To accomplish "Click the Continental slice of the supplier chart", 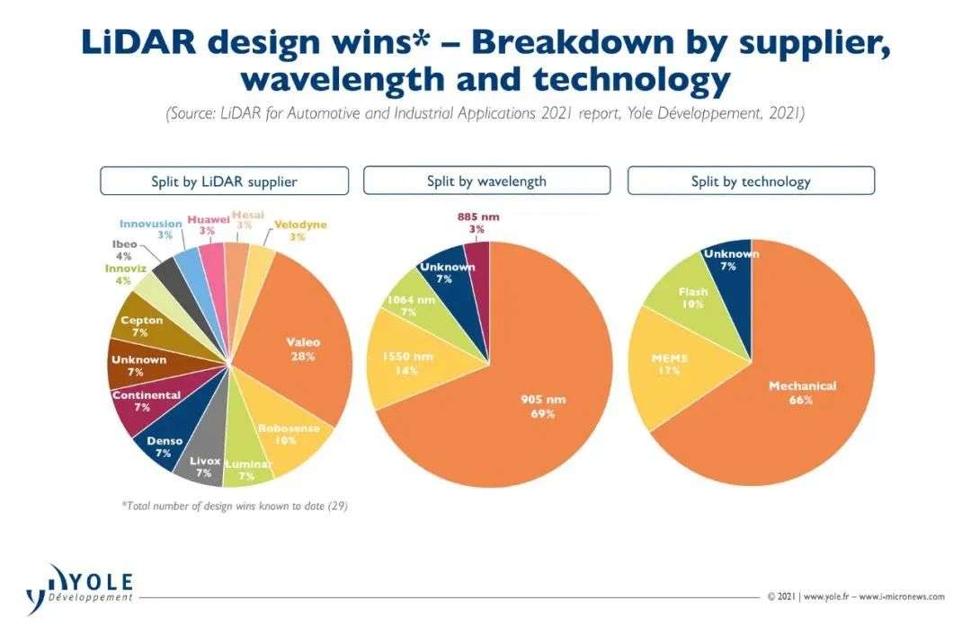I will pyautogui.click(x=142, y=401).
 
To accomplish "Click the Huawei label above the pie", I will pyautogui.click(x=209, y=218).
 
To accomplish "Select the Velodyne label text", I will pyautogui.click(x=300, y=225).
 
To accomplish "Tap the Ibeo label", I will pyautogui.click(x=125, y=243).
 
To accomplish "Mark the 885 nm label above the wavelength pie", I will pyautogui.click(x=477, y=217).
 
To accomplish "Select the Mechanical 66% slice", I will pyautogui.click(x=791, y=395).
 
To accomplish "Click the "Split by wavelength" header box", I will pyautogui.click(x=486, y=181).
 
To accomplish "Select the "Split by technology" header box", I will pyautogui.click(x=751, y=181).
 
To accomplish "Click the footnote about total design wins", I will pyautogui.click(x=235, y=506).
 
